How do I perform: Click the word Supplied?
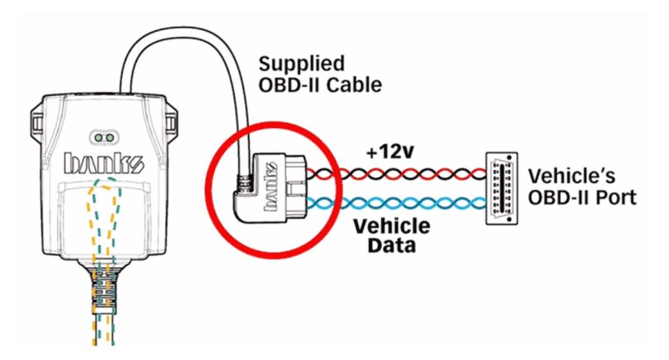[x=302, y=65]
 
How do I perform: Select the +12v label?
[x=391, y=152]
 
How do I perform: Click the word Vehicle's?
[x=572, y=176]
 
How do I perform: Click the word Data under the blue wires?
[x=392, y=245]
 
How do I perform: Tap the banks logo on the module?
[x=104, y=163]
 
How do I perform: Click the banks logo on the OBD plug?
[x=272, y=186]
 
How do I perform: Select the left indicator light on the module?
[x=99, y=138]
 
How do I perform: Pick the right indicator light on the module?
[x=110, y=138]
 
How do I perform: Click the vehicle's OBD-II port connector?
[x=502, y=188]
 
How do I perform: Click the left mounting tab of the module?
[x=37, y=123]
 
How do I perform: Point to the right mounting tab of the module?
[x=171, y=123]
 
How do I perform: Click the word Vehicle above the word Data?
[x=392, y=226]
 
